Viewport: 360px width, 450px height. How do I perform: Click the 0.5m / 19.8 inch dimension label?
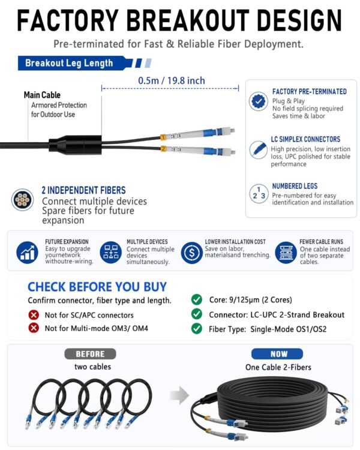pyautogui.click(x=172, y=80)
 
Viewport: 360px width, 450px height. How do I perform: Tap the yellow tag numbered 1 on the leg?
pyautogui.click(x=163, y=137)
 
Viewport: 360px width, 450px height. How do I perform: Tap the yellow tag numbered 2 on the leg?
pyautogui.click(x=163, y=149)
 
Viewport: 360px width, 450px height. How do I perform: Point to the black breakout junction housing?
pyautogui.click(x=75, y=145)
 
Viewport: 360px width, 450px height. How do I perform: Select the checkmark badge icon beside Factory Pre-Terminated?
pyautogui.click(x=259, y=101)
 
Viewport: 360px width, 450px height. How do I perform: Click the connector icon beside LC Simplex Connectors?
pyautogui.click(x=258, y=149)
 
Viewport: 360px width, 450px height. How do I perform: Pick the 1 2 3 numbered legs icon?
pyautogui.click(x=259, y=194)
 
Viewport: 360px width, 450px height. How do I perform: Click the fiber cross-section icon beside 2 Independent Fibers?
pyautogui.click(x=22, y=200)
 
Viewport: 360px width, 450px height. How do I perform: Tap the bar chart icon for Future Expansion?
pyautogui.click(x=27, y=253)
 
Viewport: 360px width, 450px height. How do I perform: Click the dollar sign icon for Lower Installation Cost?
pyautogui.click(x=192, y=253)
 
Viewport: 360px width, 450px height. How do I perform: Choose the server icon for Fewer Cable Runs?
pyautogui.click(x=286, y=253)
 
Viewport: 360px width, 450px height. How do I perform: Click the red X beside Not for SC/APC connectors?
pyautogui.click(x=34, y=315)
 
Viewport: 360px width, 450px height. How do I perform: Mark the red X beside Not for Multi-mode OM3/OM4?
pyautogui.click(x=34, y=328)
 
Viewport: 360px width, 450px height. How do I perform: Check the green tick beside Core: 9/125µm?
pyautogui.click(x=197, y=299)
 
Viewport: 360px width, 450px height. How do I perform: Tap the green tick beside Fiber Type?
pyautogui.click(x=197, y=328)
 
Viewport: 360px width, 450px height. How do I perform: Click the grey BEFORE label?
pyautogui.click(x=90, y=354)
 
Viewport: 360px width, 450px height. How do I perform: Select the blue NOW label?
pyautogui.click(x=277, y=354)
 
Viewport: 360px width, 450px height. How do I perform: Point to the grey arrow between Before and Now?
pyautogui.click(x=179, y=395)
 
